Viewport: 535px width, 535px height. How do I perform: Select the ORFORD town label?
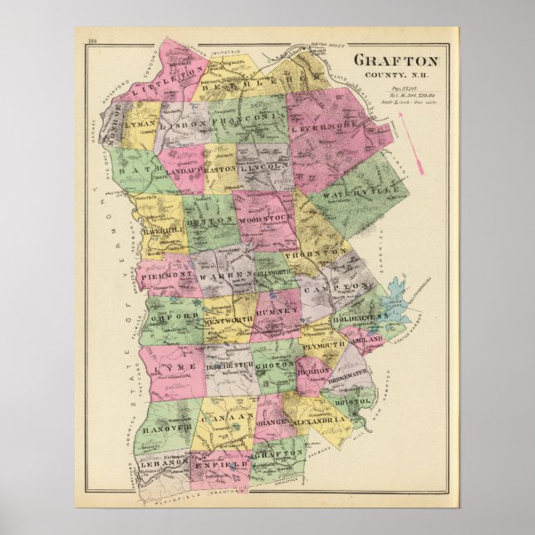[x=174, y=317]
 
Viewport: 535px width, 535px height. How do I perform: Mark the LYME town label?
[x=179, y=366]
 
